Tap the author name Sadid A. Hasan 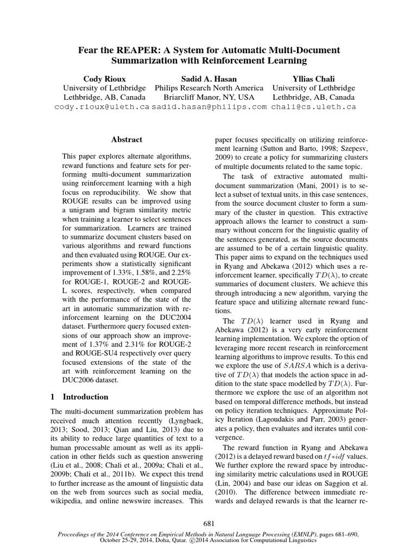[209, 78]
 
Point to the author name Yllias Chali [314, 78]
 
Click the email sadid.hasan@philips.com [209, 107]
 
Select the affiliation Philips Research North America [209, 88]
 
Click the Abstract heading [127, 140]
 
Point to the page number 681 [208, 523]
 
